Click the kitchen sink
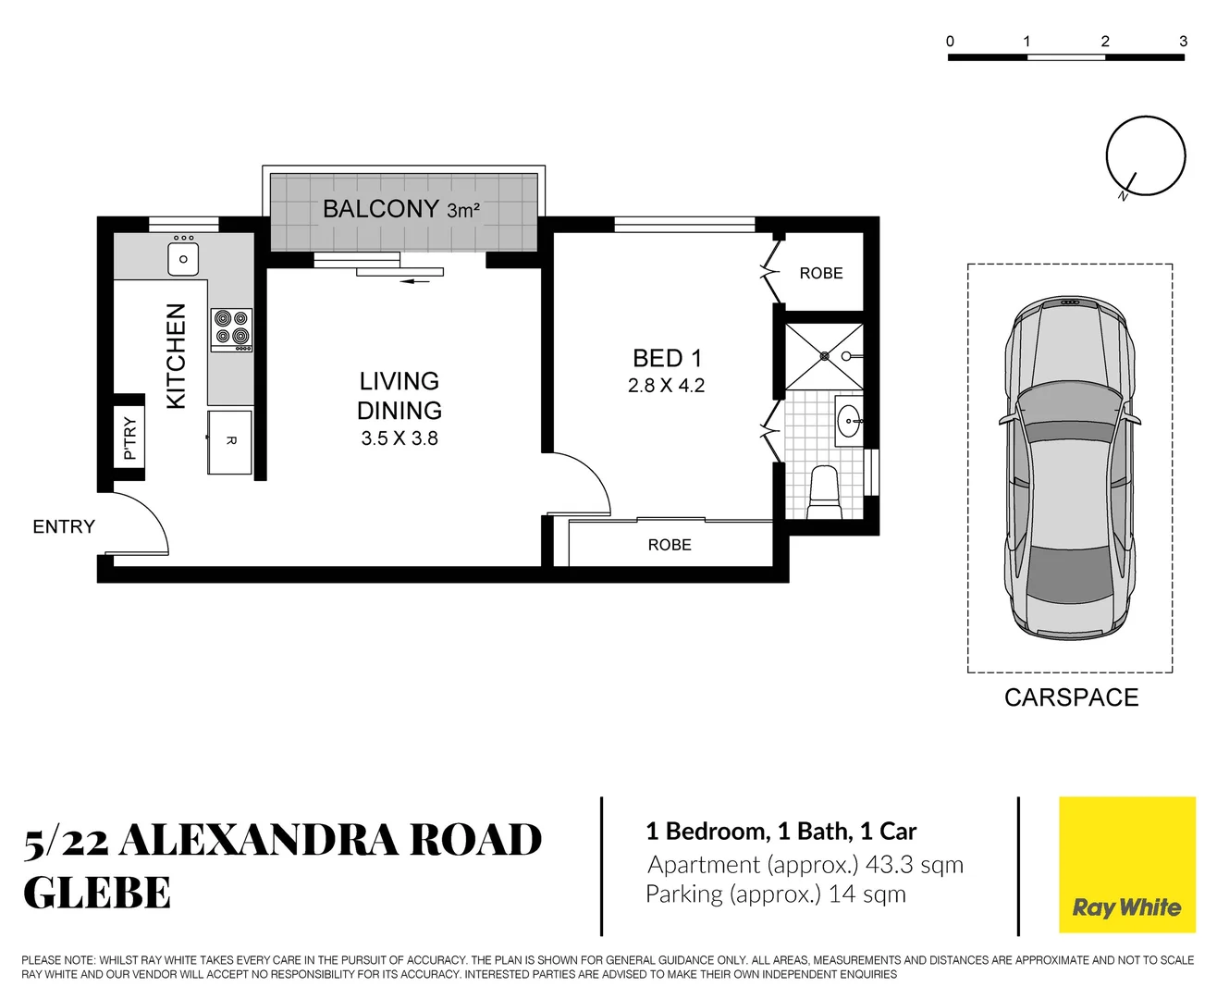(183, 259)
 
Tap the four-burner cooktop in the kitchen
(231, 328)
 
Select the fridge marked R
(230, 441)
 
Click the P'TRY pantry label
(129, 438)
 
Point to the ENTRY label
(64, 526)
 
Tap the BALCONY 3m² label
(400, 209)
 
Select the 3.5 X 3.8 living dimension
(400, 438)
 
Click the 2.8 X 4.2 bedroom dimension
(666, 386)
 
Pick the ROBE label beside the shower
(821, 273)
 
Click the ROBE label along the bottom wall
(670, 545)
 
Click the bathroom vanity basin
(848, 422)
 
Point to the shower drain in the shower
(824, 356)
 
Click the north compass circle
(1146, 155)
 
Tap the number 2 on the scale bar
(1105, 41)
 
